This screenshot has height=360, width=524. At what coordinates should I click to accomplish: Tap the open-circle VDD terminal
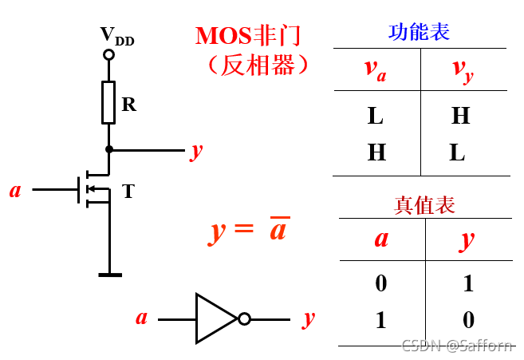coord(108,55)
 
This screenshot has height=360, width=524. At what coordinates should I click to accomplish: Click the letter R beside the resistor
coord(128,104)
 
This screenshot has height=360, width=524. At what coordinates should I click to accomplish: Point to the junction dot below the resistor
coord(108,149)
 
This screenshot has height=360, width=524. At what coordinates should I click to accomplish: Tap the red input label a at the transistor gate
coord(15,190)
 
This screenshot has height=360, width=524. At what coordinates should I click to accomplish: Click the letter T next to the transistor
coord(128,191)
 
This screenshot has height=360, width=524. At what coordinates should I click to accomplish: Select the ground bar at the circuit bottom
coord(109,275)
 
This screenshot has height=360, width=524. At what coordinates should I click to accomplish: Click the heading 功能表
coord(419,33)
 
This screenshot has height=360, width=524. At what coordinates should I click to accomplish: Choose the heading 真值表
coord(424,205)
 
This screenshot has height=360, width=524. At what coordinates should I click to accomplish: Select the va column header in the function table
coord(376,69)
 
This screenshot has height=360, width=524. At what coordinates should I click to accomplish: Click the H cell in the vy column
coord(460,117)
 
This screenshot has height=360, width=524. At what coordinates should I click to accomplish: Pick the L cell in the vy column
coord(457,152)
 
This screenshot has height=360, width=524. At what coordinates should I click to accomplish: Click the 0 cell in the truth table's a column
coord(380,283)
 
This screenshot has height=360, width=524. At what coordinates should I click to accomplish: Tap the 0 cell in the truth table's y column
coord(468,320)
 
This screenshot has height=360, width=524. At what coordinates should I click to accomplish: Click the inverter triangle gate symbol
coord(215,319)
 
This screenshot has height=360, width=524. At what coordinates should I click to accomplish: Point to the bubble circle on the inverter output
coord(244,319)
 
